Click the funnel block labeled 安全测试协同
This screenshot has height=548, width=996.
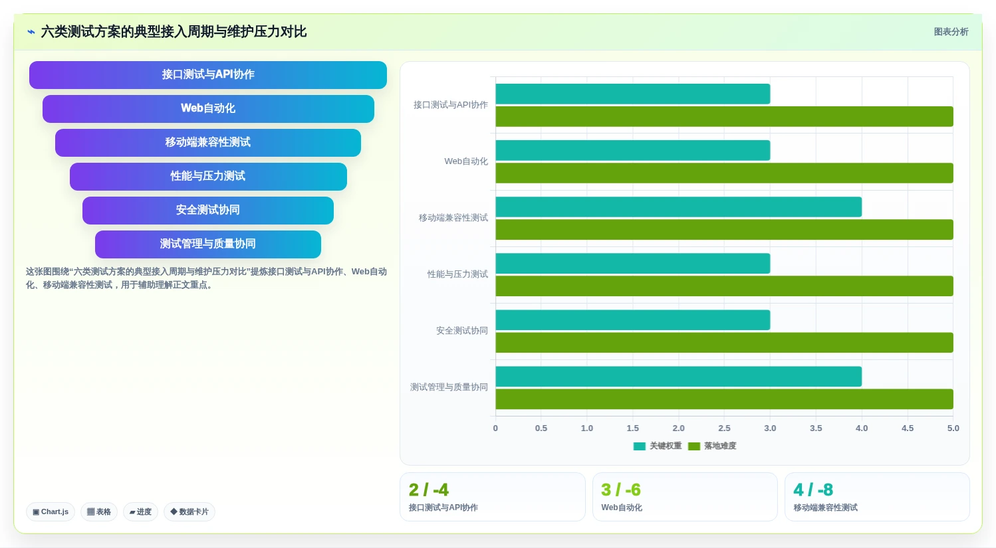point(208,210)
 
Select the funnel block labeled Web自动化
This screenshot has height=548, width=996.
point(208,108)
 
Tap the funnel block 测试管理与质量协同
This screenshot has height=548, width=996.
point(208,244)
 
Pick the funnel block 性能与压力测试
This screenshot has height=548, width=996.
point(208,176)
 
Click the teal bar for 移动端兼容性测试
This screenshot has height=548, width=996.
point(679,207)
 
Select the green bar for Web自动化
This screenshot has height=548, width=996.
point(724,173)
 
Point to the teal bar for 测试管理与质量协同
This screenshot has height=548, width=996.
point(679,377)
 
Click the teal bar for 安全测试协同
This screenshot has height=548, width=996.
point(633,320)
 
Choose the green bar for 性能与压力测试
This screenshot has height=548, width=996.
point(724,286)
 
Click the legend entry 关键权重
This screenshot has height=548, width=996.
point(658,446)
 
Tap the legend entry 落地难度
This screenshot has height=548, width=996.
point(712,446)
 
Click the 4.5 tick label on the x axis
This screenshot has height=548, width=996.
point(908,428)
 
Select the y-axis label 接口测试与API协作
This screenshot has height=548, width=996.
point(450,105)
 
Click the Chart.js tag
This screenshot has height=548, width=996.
point(51,511)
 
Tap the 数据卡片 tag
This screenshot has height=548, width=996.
point(189,511)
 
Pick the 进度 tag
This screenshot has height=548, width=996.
point(140,511)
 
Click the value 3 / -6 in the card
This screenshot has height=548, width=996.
point(621,490)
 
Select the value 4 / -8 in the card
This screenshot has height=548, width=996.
point(813,490)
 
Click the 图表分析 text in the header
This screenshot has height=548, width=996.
point(951,32)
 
